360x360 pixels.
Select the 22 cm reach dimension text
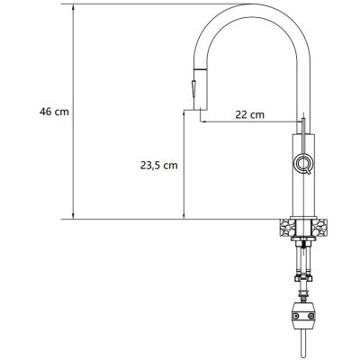point(249,113)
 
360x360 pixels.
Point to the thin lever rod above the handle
point(303,127)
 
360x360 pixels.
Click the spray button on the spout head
point(191,90)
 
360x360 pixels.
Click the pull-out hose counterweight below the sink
point(303,316)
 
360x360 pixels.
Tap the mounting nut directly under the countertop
point(303,241)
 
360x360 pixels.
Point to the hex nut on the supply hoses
point(303,280)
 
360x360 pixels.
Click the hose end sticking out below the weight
point(303,346)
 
